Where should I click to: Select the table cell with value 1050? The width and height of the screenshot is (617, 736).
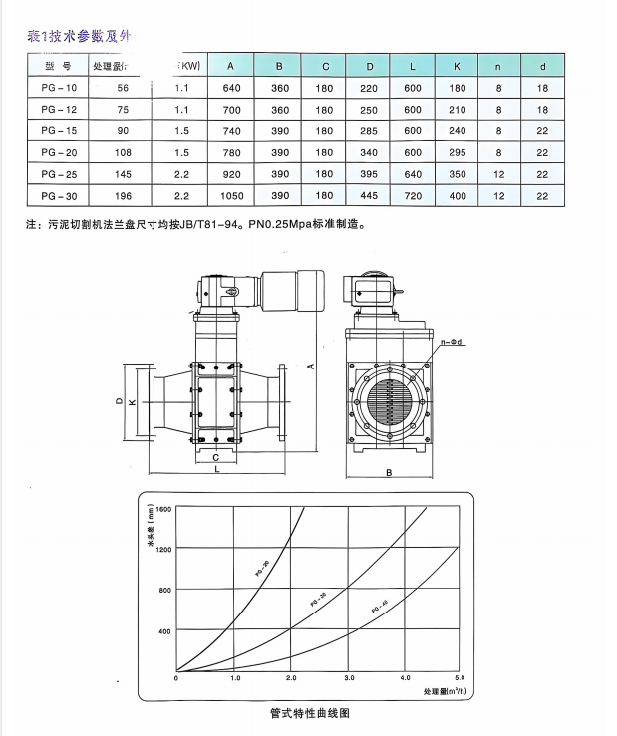tap(230, 196)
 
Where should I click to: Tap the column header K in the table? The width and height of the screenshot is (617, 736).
tap(458, 66)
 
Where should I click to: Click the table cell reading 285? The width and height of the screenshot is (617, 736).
tap(370, 130)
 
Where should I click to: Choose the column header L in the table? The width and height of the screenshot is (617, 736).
tap(413, 66)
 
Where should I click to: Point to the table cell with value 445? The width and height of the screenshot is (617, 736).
tap(370, 196)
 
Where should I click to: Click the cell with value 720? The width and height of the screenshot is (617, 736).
tap(413, 196)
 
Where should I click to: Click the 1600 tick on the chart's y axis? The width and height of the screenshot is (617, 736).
tap(162, 508)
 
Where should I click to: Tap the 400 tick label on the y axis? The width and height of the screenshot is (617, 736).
tap(164, 631)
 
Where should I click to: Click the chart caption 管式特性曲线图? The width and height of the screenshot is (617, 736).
tap(310, 713)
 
